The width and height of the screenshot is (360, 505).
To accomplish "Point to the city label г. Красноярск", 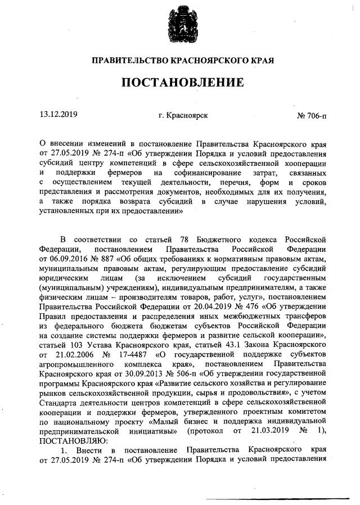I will click(x=183, y=115).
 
